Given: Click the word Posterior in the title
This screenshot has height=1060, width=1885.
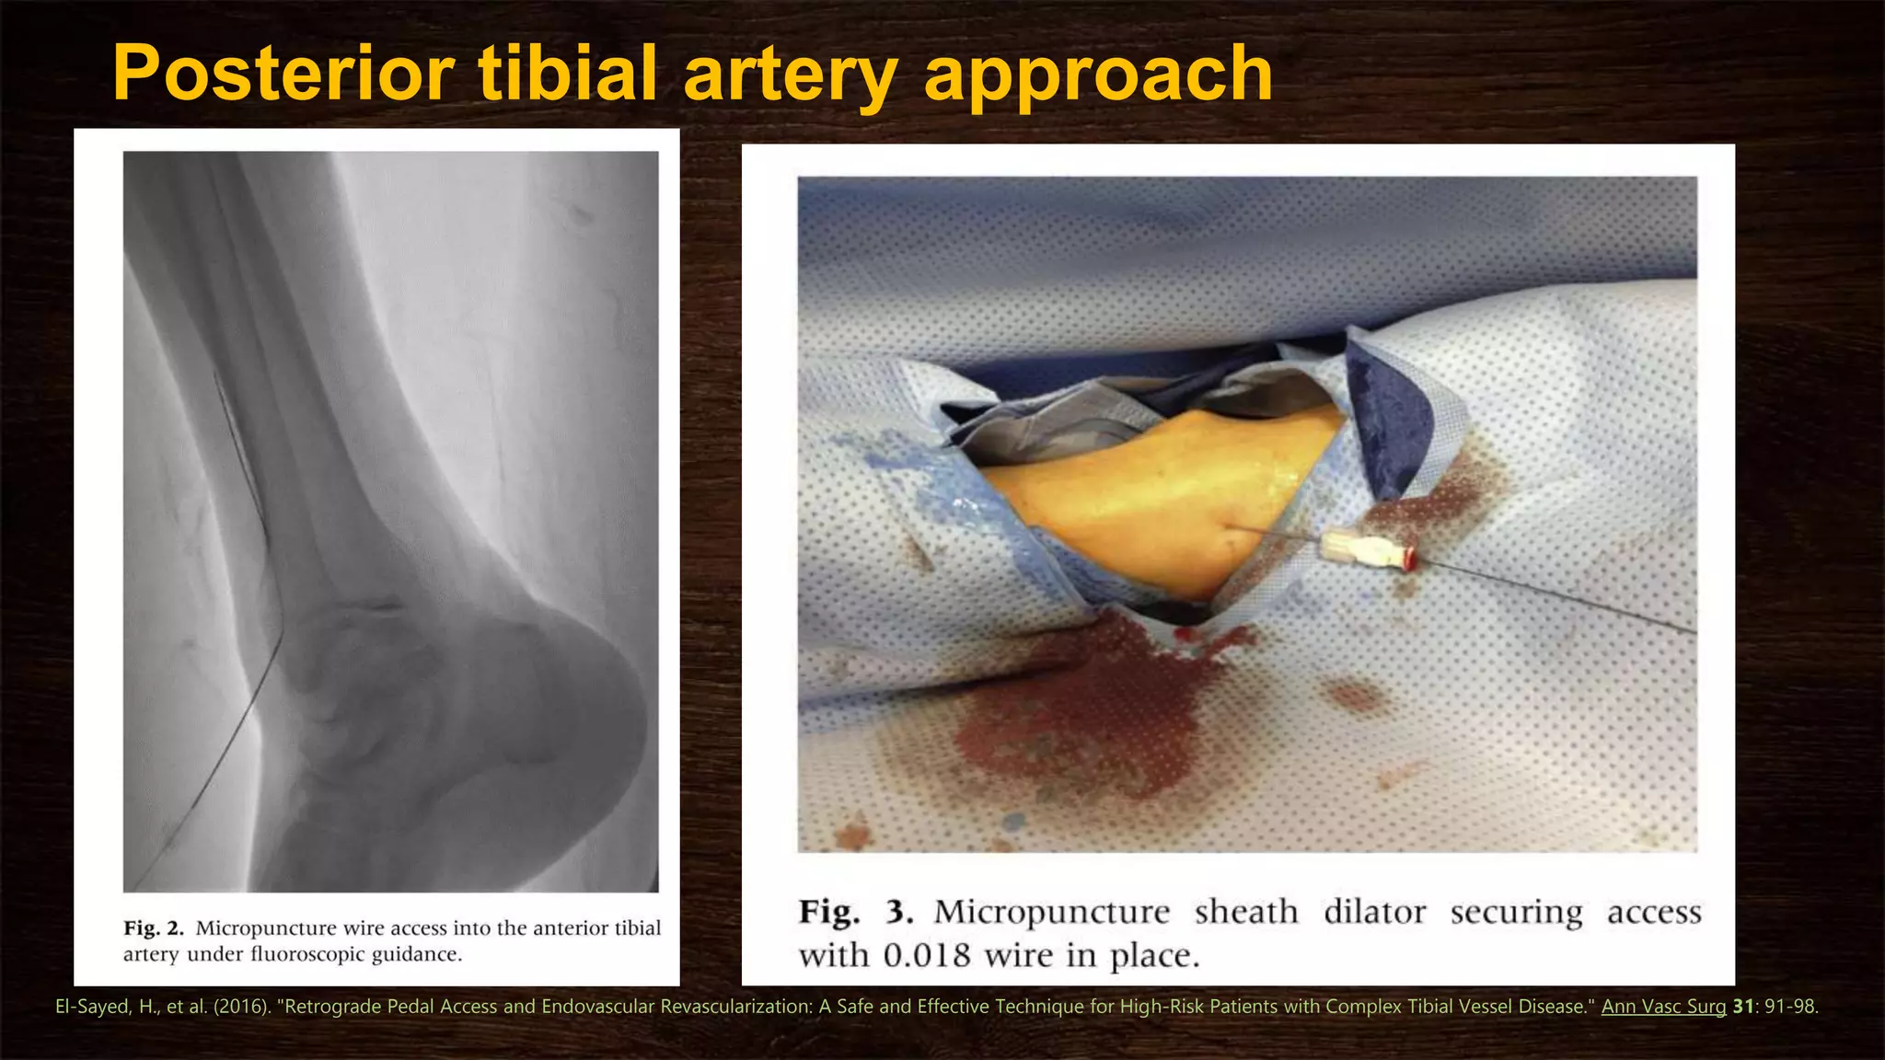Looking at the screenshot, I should [283, 74].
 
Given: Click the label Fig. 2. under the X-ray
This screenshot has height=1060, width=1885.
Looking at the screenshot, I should [154, 927].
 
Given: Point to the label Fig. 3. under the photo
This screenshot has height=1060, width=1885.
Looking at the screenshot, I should [855, 912].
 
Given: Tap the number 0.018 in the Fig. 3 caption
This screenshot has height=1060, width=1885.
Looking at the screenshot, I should [927, 956].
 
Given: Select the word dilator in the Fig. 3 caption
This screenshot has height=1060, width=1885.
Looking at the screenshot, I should [1374, 912].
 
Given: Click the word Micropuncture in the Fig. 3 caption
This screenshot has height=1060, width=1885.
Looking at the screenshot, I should [1051, 912].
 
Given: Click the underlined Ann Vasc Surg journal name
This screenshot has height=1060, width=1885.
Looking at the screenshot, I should [1663, 1007].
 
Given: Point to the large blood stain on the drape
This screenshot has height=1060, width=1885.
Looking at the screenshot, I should [1086, 718].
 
